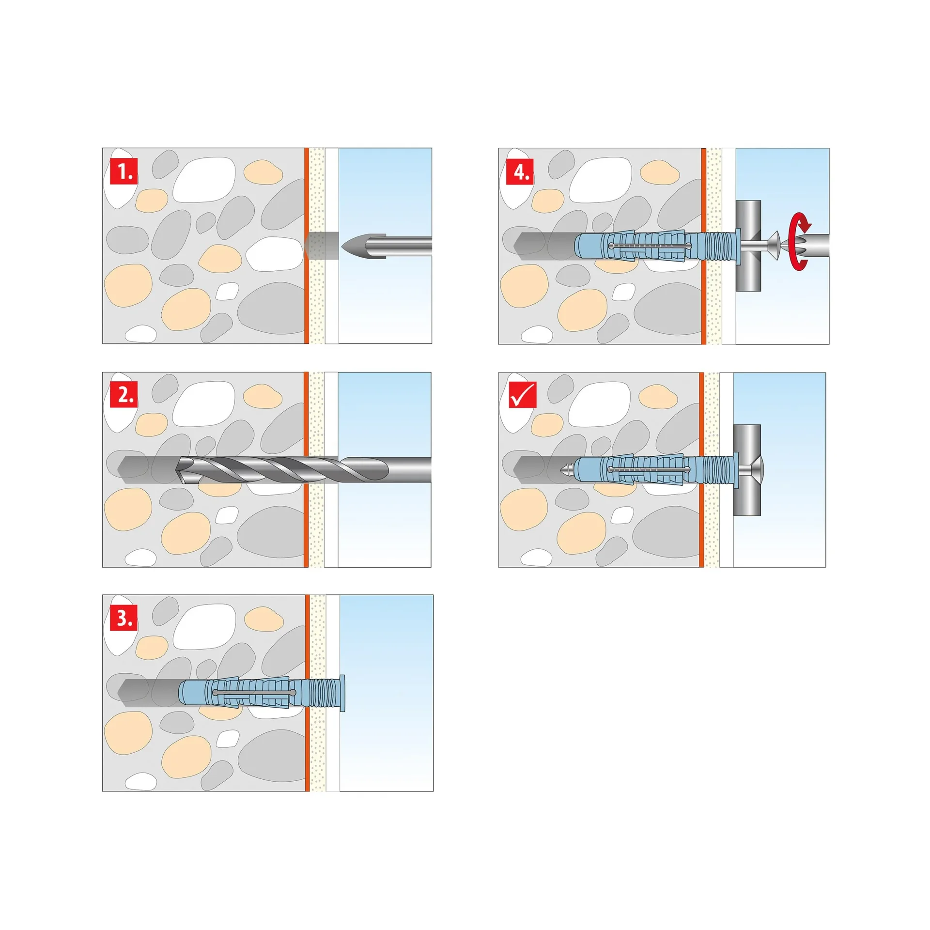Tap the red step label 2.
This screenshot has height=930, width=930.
(x=124, y=394)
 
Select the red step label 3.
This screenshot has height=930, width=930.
(x=124, y=618)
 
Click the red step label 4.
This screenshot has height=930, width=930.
(x=520, y=171)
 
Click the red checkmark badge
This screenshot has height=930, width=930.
(x=522, y=395)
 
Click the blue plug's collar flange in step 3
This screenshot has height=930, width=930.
(x=342, y=693)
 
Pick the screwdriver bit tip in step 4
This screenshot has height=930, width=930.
(x=787, y=246)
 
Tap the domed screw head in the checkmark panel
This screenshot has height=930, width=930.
(x=755, y=469)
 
